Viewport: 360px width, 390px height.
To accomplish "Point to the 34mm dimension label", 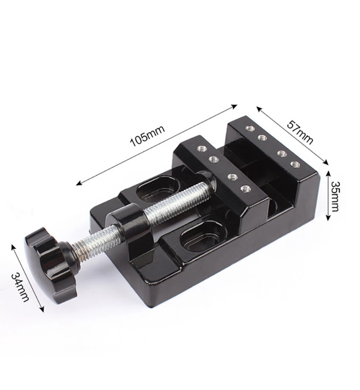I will (22, 287).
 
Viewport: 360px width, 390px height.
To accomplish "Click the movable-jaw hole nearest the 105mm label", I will (200, 148).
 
